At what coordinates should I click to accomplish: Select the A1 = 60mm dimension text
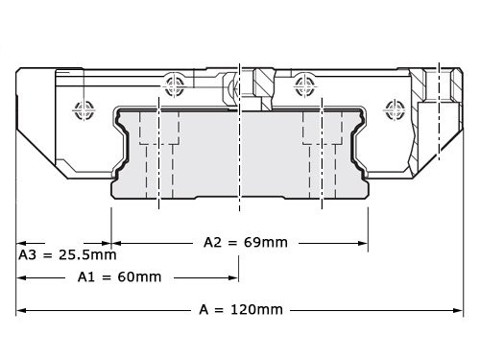[119, 276]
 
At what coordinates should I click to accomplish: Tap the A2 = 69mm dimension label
[246, 242]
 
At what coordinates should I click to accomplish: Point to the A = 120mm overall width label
[241, 309]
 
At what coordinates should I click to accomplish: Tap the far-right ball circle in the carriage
[392, 108]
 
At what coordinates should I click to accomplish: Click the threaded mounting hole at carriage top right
[438, 87]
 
